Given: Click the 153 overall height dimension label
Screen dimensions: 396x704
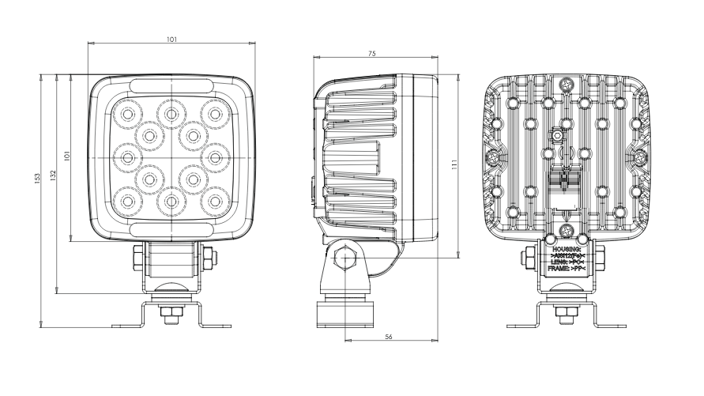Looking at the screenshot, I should click(x=36, y=179).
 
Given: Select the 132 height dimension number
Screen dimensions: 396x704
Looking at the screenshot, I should click(x=52, y=175).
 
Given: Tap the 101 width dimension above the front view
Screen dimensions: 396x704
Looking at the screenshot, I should click(x=172, y=40).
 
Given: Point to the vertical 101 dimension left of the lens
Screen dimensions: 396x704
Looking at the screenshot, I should click(x=68, y=157).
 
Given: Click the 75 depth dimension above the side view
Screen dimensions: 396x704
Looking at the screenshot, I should click(x=371, y=54).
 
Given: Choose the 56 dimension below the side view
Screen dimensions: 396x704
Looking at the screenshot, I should click(x=390, y=337).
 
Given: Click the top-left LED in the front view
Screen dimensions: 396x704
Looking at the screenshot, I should click(x=125, y=115).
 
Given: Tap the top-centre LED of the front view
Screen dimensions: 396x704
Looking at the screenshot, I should click(x=169, y=114).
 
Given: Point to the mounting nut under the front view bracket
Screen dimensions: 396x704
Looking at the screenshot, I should click(x=168, y=314).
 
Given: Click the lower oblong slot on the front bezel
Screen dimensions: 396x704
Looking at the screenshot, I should click(x=171, y=228).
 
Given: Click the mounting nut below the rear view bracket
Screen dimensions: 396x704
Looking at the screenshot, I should click(x=566, y=314).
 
